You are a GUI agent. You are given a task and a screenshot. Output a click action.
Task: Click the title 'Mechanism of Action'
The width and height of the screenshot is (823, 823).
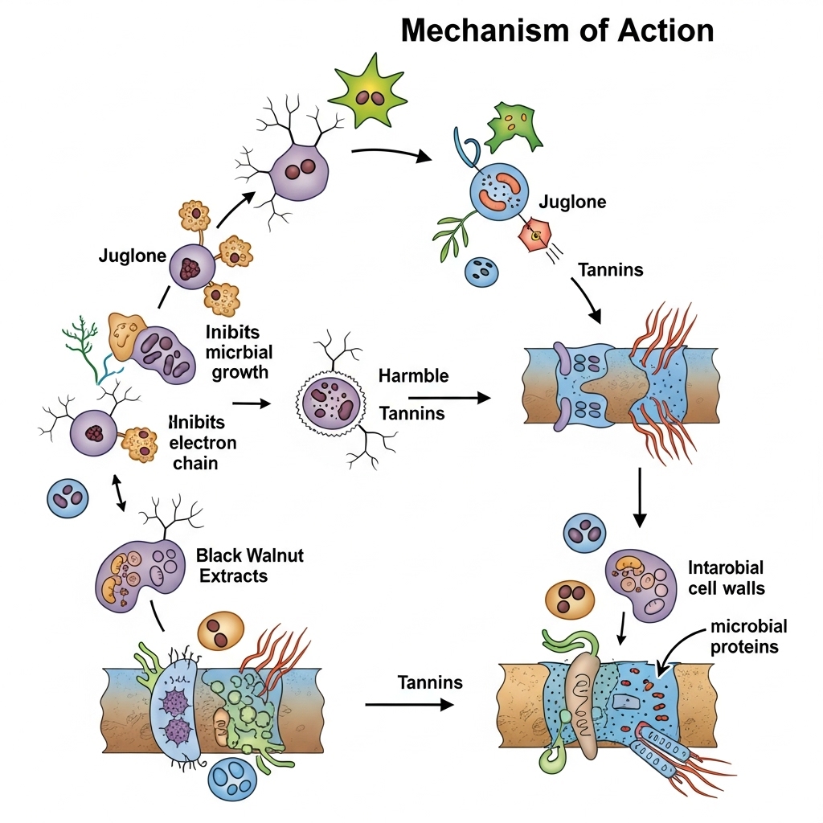tap(557, 31)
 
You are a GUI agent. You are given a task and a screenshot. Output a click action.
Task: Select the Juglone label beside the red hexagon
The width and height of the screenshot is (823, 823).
tap(572, 202)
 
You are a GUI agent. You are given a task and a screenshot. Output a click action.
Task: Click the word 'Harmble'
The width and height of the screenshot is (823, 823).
tap(413, 375)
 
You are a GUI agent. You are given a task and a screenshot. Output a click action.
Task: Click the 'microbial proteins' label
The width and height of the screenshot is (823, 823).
tap(743, 636)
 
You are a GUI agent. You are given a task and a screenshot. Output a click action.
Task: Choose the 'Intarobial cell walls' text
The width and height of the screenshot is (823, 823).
tap(727, 578)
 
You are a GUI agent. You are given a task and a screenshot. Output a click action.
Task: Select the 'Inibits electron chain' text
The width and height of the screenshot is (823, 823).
tap(203, 443)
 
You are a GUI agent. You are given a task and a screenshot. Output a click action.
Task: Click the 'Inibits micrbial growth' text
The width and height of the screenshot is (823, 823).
tap(239, 351)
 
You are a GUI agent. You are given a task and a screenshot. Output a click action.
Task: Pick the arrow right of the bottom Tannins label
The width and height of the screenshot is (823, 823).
tap(409, 705)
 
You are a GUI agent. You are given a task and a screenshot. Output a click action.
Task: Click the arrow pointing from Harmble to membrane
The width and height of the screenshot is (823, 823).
tap(449, 397)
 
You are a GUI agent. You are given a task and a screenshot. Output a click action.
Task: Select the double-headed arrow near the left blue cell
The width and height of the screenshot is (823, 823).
tap(119, 492)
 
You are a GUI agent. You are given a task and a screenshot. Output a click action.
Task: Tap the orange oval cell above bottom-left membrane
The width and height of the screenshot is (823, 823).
tap(219, 629)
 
